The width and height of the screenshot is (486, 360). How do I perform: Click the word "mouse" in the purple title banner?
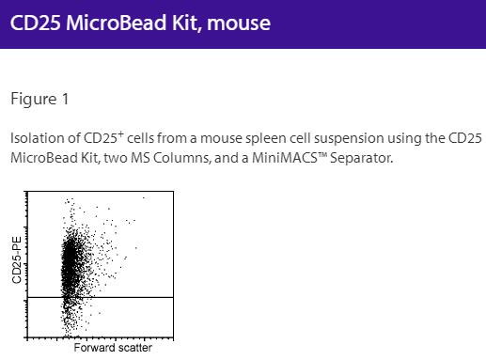pyautogui.click(x=238, y=23)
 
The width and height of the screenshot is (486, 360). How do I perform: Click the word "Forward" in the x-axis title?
pyautogui.click(x=96, y=347)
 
